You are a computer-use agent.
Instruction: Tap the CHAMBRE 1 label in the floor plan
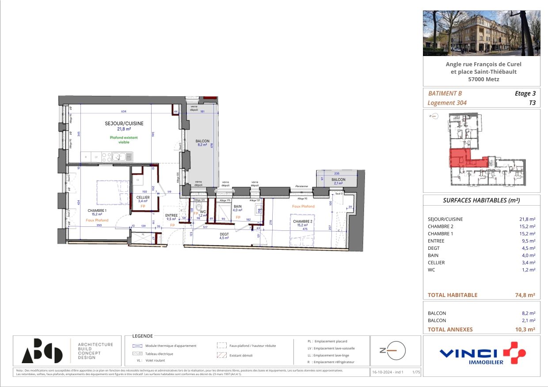tap(97, 210)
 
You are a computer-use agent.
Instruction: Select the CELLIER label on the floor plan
tap(143, 197)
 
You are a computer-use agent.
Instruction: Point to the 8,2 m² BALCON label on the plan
tap(202, 141)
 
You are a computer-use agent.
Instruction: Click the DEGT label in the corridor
tap(224, 234)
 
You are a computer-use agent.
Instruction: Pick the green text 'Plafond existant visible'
tap(124, 140)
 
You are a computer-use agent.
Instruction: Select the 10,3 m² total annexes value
tap(525, 329)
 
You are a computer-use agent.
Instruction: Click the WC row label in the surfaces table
tap(431, 270)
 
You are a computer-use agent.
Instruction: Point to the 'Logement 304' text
tap(447, 103)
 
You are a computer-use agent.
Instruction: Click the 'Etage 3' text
tap(525, 93)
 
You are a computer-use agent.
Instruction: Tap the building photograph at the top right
tap(481, 34)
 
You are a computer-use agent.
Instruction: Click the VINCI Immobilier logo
tap(482, 353)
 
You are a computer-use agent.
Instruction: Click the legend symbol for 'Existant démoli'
tap(221, 355)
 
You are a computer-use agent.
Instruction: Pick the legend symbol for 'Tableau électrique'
tap(137, 353)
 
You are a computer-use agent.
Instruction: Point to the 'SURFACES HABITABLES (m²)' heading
tap(481, 200)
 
